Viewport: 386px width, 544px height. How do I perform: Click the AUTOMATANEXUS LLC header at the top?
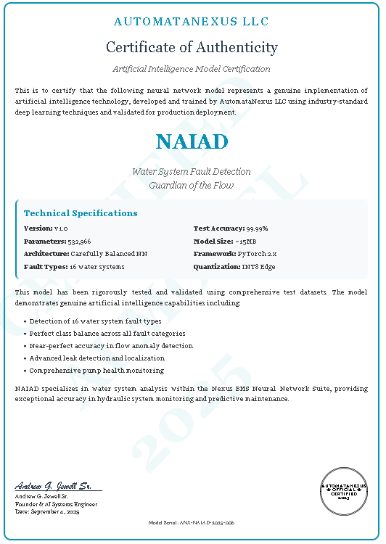[192, 22]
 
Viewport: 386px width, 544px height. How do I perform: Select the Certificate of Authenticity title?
[192, 48]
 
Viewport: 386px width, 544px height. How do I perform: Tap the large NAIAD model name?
[192, 141]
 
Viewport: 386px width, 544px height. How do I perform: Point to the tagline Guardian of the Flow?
[192, 185]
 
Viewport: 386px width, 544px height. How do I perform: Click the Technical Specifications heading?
[81, 213]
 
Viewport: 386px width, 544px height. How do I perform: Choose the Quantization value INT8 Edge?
[258, 267]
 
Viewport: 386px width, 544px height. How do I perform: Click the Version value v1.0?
[61, 228]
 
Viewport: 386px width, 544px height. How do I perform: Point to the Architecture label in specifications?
[46, 254]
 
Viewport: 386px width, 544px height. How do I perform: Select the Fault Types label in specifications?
[46, 267]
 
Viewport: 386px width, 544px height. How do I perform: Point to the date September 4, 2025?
[62, 511]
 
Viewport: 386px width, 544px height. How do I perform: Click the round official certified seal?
[345, 490]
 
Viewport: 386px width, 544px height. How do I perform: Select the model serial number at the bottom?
[192, 522]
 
